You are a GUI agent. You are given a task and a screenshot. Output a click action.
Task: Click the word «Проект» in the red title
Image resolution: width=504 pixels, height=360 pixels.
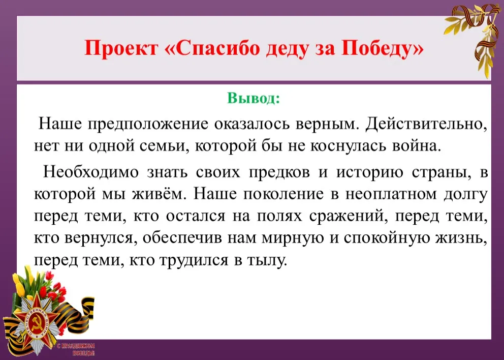[122, 49]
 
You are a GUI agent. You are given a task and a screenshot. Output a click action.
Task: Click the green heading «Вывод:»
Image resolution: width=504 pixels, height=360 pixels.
[254, 98]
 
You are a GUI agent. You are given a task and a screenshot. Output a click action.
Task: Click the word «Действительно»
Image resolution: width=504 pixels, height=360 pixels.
[426, 125]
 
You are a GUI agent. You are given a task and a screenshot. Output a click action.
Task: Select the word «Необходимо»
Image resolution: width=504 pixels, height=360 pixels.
[91, 171]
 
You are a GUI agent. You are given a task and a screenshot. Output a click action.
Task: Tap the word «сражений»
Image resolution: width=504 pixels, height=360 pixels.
[349, 216]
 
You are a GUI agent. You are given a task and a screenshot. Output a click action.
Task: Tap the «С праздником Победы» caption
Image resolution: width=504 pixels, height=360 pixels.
[76, 349]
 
